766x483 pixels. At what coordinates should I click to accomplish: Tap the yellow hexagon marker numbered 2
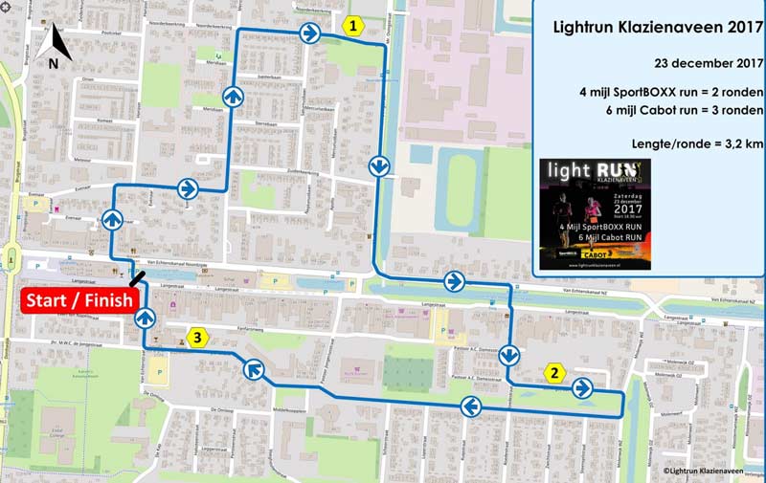pyautogui.click(x=552, y=374)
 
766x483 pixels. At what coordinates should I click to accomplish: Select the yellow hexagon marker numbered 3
pyautogui.click(x=196, y=337)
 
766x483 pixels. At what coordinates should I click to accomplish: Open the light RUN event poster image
pyautogui.click(x=595, y=213)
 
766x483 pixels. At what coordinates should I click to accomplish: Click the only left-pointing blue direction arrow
pyautogui.click(x=470, y=407)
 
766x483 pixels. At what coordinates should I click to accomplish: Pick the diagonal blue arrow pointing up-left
pyautogui.click(x=254, y=368)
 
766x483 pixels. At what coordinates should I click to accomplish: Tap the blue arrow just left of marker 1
pyautogui.click(x=310, y=33)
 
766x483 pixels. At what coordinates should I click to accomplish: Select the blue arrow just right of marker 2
pyautogui.click(x=582, y=388)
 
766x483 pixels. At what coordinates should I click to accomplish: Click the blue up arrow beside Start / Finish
pyautogui.click(x=145, y=318)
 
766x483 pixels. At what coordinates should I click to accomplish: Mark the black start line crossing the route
pyautogui.click(x=140, y=278)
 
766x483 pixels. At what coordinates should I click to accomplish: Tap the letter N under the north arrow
pyautogui.click(x=54, y=63)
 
